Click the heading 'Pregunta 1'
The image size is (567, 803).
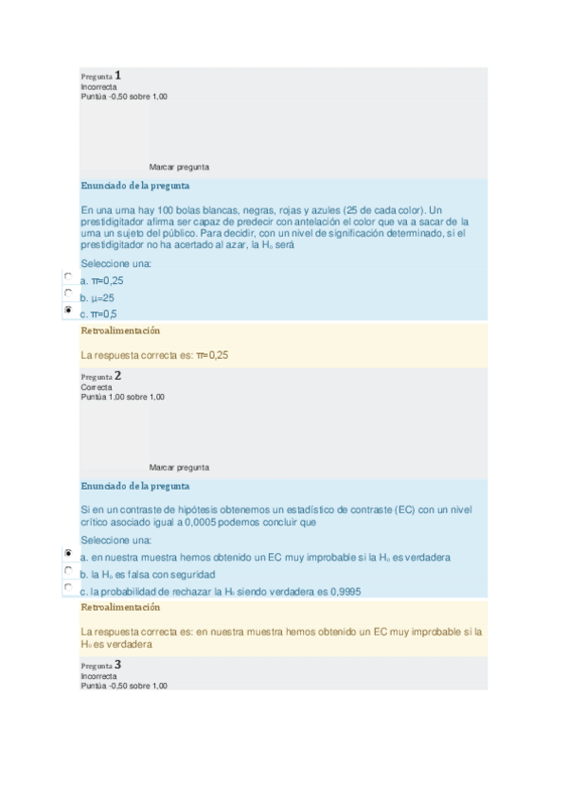pyautogui.click(x=101, y=76)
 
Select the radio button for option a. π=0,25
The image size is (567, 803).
pyautogui.click(x=68, y=277)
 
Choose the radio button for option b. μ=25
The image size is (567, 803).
pyautogui.click(x=68, y=293)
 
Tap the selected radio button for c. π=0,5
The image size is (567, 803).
pyautogui.click(x=68, y=310)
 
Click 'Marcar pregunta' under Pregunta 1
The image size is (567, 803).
pyautogui.click(x=179, y=167)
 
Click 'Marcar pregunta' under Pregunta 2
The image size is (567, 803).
pyautogui.click(x=179, y=467)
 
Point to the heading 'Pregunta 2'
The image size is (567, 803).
pyautogui.click(x=101, y=376)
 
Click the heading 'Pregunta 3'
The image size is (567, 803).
pyautogui.click(x=101, y=665)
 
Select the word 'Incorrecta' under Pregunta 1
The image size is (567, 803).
pyautogui.click(x=98, y=87)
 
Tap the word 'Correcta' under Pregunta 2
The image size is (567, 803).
pyautogui.click(x=97, y=387)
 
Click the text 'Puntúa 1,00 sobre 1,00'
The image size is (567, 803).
pyautogui.click(x=122, y=397)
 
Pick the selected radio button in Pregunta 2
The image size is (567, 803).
pyautogui.click(x=68, y=553)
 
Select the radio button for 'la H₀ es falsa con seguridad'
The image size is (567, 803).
pyautogui.click(x=68, y=571)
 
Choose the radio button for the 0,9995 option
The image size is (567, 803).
pyautogui.click(x=68, y=588)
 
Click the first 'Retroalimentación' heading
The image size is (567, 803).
pyautogui.click(x=120, y=330)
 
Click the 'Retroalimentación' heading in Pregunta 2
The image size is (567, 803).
pyautogui.click(x=120, y=607)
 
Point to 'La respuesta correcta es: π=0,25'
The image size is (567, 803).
pyautogui.click(x=155, y=355)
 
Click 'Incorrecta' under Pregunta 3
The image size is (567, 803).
pyautogui.click(x=98, y=676)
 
